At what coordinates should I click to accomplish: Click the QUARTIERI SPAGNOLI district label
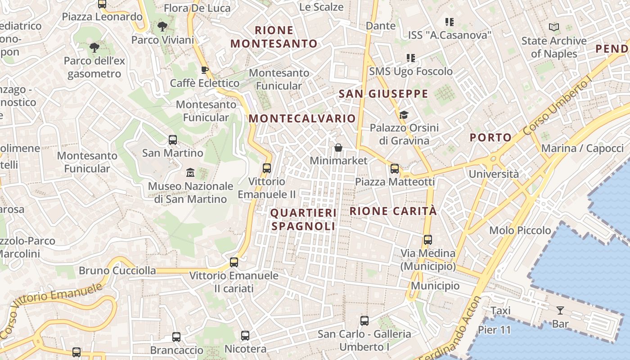[x=304, y=219]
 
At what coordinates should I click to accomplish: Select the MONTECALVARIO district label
[x=302, y=118]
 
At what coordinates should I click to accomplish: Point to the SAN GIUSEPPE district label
[x=383, y=94]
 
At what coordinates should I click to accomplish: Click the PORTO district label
[x=491, y=137]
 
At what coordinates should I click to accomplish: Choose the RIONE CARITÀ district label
[x=393, y=211]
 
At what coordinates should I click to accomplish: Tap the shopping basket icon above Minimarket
[x=338, y=148]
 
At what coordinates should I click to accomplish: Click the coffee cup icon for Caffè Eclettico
[x=205, y=70]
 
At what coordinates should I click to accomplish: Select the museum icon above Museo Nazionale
[x=190, y=173]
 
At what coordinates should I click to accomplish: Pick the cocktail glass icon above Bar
[x=560, y=310]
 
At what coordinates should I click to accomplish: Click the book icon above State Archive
[x=554, y=27]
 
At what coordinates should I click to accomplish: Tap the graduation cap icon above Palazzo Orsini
[x=404, y=115]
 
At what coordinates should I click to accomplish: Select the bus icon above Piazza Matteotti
[x=395, y=169]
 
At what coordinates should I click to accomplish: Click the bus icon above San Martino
[x=173, y=140]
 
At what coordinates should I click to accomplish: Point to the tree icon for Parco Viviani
[x=162, y=27]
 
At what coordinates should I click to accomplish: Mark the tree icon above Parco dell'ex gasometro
[x=94, y=47]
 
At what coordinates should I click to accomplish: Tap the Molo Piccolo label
[x=520, y=230]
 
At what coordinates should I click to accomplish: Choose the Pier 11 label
[x=495, y=330]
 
